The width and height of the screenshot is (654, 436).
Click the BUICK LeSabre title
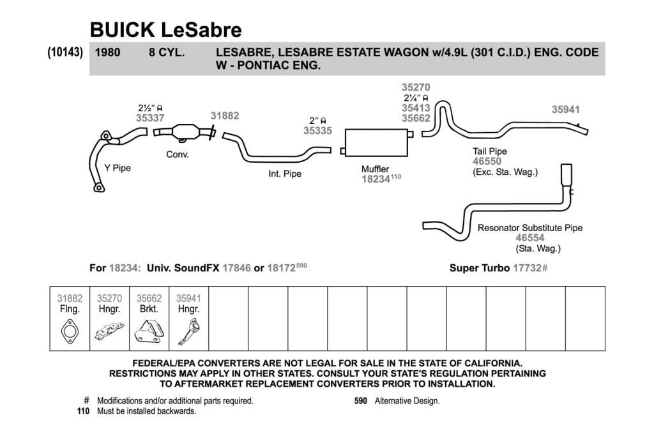(165, 29)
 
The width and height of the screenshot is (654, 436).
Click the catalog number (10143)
(65, 52)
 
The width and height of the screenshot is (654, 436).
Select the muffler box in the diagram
(376, 142)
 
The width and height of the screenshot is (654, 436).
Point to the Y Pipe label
(118, 168)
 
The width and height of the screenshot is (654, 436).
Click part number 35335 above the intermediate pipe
(317, 131)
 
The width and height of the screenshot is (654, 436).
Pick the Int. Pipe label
(285, 174)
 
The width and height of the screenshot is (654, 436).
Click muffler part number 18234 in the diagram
(376, 179)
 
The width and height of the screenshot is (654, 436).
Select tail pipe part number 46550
(487, 162)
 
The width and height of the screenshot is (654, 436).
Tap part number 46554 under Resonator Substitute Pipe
(529, 238)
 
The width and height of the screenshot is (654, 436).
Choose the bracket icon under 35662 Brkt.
(149, 331)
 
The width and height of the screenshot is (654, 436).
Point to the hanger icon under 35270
(109, 331)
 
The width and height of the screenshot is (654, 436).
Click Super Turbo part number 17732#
(529, 268)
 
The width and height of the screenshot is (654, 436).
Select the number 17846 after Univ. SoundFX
(236, 268)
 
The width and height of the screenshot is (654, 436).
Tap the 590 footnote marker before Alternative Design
(361, 401)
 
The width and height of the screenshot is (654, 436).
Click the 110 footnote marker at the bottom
(84, 411)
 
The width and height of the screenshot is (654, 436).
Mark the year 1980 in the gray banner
(107, 52)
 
